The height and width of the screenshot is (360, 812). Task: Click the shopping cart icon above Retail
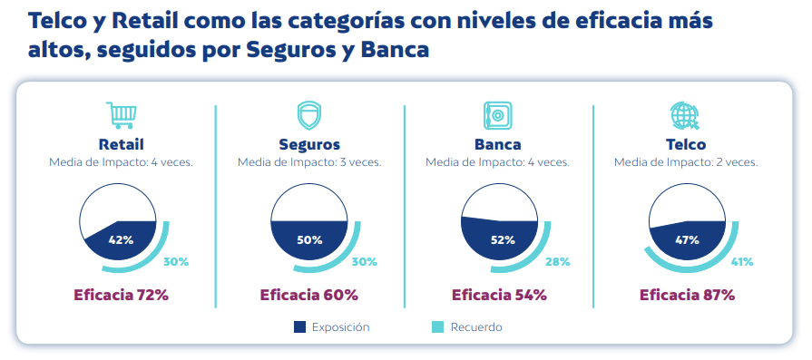coord(122,115)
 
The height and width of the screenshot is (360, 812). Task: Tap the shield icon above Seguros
coord(309,115)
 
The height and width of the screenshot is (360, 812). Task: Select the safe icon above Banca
coord(498,115)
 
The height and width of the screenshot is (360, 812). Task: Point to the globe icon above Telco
coord(685,115)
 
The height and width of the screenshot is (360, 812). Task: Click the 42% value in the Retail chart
coord(122,240)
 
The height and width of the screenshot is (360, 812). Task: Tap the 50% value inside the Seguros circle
coord(309,240)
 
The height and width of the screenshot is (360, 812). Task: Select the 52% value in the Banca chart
coord(503,240)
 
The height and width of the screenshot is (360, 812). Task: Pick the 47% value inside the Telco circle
coord(687,240)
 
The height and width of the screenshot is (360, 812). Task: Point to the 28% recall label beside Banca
coord(558,262)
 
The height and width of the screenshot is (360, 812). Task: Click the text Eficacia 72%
coord(122,295)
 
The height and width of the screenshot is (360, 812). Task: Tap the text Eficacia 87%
coord(687,295)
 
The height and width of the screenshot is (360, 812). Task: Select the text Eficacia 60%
coord(309,295)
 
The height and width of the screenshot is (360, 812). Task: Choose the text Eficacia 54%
coord(499,295)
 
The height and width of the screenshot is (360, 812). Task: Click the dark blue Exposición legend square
coord(299,326)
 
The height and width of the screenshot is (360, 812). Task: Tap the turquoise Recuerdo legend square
coord(437,326)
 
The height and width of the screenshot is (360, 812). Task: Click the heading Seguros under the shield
coord(309,144)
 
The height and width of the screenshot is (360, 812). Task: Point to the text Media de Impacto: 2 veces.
coord(686,162)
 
